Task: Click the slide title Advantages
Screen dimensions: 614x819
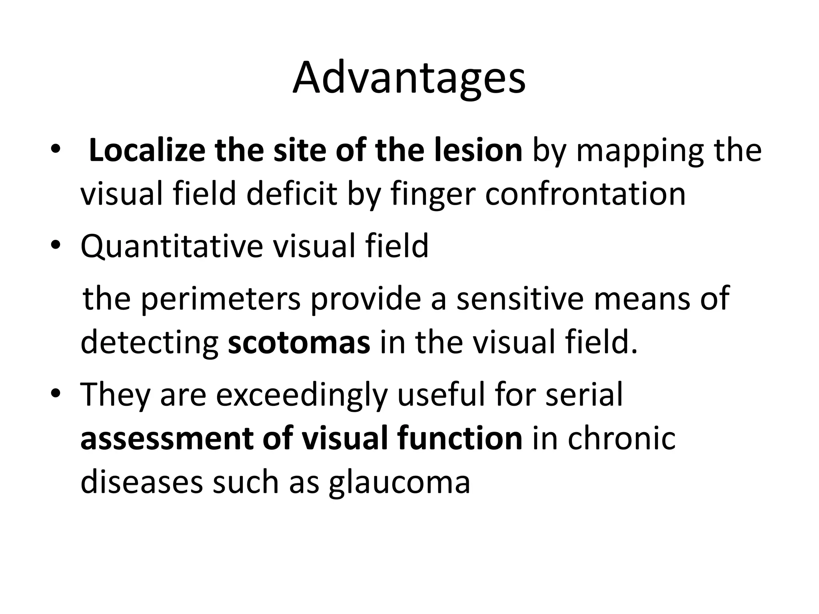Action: (409, 78)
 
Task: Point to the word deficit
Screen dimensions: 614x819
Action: (291, 194)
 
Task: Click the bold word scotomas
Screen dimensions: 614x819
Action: (299, 343)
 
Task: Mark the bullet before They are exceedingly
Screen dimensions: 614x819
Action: (56, 393)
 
